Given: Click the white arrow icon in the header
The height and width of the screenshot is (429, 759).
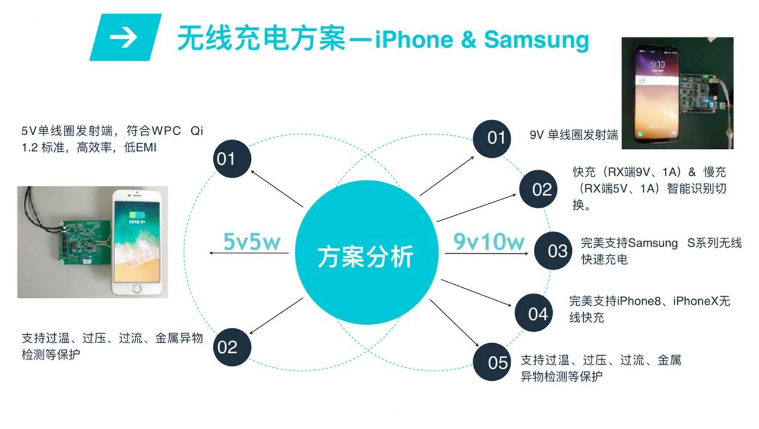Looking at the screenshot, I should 123,37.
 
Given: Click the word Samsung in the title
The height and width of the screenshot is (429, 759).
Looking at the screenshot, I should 536,39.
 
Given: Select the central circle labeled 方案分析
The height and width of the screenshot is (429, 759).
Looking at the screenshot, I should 365,257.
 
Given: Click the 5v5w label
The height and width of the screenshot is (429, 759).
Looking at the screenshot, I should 251,241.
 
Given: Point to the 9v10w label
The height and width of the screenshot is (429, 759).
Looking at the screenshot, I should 489,241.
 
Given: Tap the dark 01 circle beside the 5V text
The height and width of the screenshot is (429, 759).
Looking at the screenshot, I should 232,159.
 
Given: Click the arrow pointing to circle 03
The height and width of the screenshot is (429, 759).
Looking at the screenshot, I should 486,254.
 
